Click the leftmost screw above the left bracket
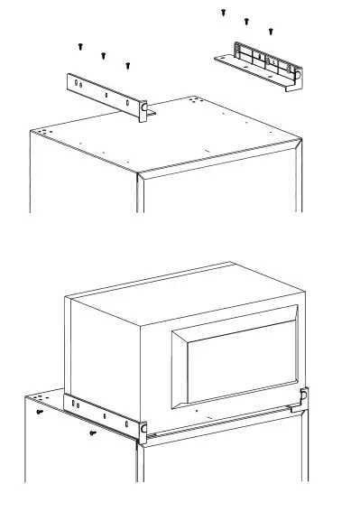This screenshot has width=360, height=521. tap(79, 44)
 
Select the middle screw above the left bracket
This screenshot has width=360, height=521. tap(103, 55)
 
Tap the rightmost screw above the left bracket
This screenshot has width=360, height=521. tap(127, 65)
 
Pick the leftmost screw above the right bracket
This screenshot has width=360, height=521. tap(223, 12)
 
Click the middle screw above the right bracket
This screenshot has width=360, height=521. tap(246, 21)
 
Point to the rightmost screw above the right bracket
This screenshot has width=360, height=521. tap(271, 31)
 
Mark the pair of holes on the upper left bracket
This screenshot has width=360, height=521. tap(78, 83)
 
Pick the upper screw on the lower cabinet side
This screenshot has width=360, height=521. tap(41, 411)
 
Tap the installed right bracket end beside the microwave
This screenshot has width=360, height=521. tap(304, 397)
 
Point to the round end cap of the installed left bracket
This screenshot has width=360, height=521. tap(143, 427)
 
